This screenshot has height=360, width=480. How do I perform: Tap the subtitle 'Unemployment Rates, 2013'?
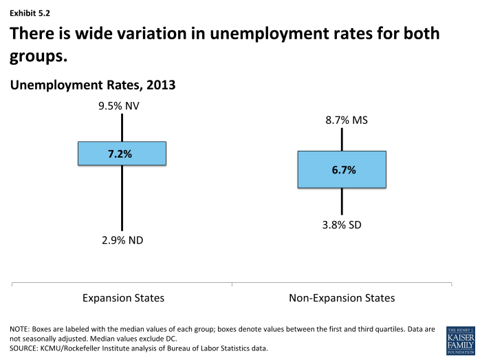pos(92,85)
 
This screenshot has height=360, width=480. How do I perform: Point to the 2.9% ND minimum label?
pos(122,240)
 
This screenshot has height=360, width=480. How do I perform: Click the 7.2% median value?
pos(122,153)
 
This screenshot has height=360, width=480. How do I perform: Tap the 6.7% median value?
pos(342,169)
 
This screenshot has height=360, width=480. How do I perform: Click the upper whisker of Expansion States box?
pos(122,127)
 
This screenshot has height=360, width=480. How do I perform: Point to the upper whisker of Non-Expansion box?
pos(342,139)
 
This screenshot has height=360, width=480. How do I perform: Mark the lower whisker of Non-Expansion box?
pos(342,200)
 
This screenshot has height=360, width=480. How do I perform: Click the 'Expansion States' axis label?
pos(123,298)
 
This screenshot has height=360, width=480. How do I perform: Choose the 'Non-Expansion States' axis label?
pos(342,298)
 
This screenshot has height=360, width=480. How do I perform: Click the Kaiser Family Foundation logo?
pos(460,340)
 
